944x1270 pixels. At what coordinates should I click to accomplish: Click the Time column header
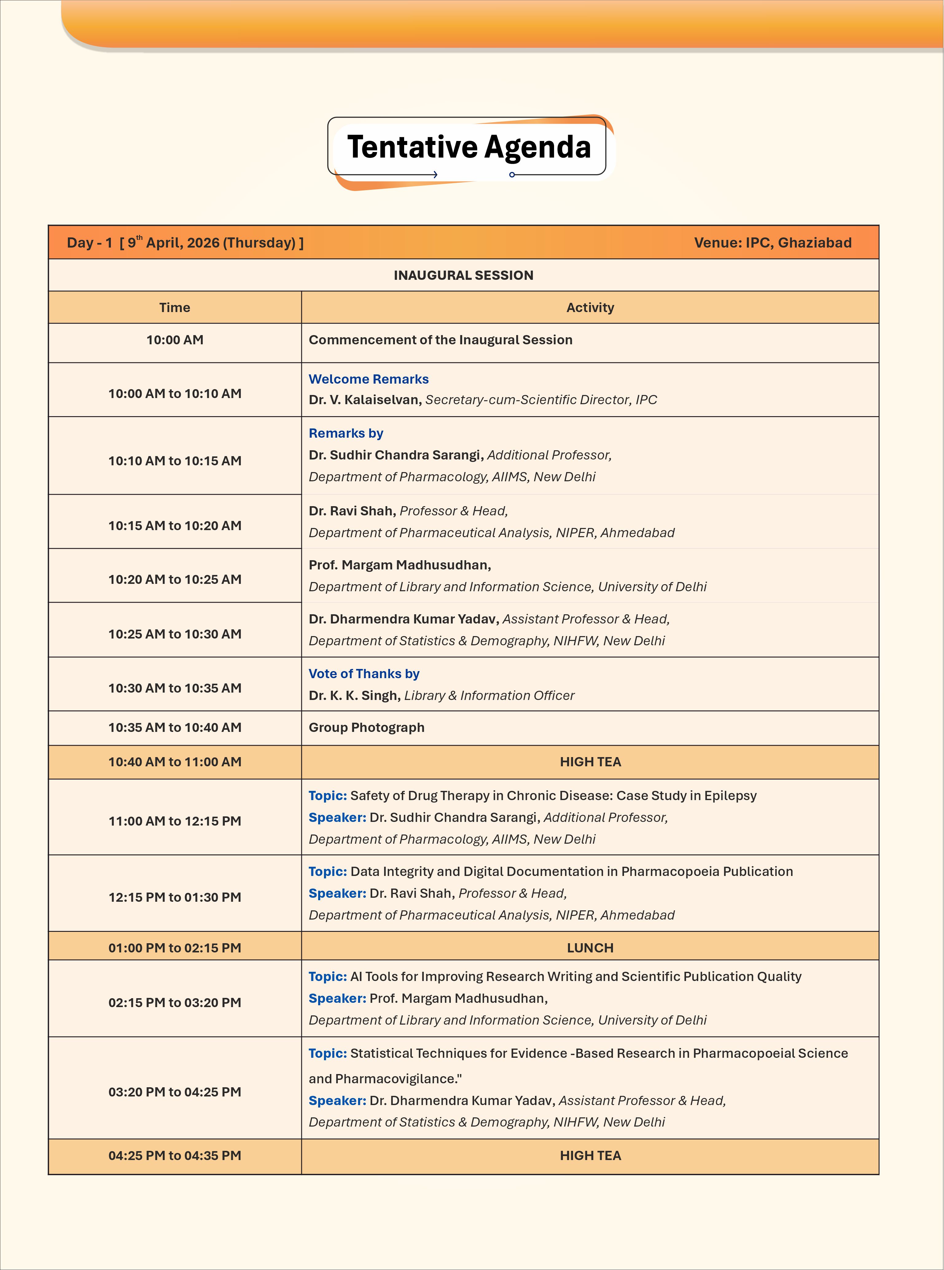tap(174, 307)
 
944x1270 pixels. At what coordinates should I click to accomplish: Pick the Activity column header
tap(590, 307)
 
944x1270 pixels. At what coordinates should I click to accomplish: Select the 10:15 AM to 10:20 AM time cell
tap(174, 525)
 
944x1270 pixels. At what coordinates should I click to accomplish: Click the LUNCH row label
tap(590, 947)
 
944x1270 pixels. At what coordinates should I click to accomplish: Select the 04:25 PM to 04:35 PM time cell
tap(174, 1155)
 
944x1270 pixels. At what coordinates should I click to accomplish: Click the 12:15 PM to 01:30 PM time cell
tap(174, 897)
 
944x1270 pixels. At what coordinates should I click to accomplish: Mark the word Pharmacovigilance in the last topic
tap(396, 1079)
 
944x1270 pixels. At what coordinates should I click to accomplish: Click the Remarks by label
tap(346, 433)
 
